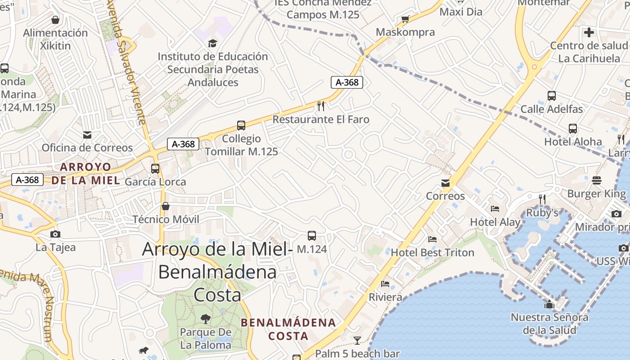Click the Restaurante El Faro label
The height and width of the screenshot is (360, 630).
321,119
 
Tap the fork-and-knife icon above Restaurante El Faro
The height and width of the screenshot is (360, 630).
321,106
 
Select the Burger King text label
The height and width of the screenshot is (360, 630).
596,193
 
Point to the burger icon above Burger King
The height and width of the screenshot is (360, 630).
597,180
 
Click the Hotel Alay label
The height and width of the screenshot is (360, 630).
495,222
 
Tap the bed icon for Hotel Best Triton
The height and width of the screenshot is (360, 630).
432,239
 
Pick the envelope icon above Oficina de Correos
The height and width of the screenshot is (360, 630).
87,135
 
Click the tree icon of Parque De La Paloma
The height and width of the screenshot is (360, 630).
205,319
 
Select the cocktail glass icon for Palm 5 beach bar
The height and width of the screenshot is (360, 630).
357,340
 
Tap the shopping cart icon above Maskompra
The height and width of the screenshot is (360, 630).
405,19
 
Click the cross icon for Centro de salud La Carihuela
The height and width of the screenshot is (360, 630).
589,32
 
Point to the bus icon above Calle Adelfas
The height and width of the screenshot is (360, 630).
551,95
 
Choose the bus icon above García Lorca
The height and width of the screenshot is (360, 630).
155,169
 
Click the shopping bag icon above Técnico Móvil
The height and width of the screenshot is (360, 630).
166,206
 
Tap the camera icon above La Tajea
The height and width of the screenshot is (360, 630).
55,234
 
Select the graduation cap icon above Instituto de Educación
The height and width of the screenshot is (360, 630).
212,43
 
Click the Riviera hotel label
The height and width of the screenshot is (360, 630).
385,297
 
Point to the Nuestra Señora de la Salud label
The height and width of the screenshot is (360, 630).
549,324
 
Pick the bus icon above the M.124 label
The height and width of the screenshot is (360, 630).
311,235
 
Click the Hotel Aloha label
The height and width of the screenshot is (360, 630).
573,142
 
